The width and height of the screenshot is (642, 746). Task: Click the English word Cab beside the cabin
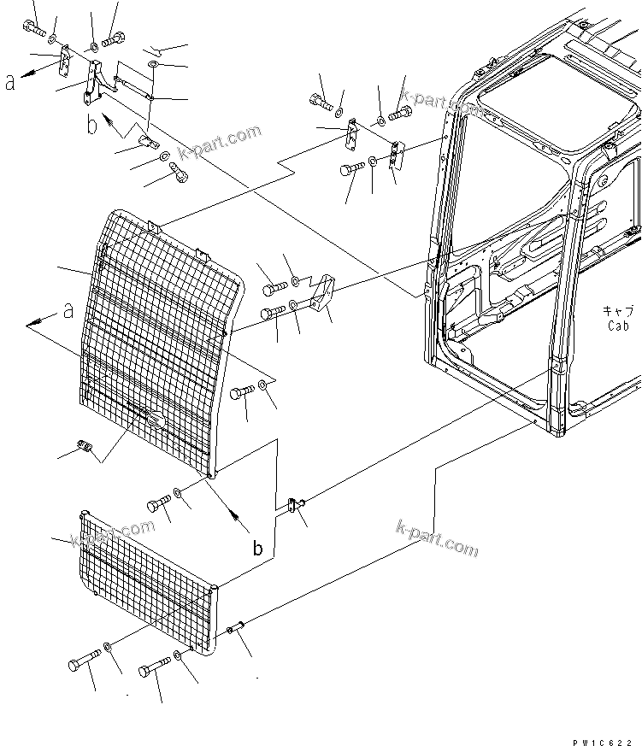(x=618, y=326)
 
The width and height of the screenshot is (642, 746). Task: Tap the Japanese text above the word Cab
(x=617, y=312)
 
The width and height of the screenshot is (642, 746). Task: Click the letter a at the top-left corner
(x=9, y=84)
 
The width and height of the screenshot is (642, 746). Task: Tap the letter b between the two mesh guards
(x=257, y=548)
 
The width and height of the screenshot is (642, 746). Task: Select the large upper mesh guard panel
(x=158, y=342)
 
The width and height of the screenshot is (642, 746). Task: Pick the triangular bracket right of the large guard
(x=321, y=294)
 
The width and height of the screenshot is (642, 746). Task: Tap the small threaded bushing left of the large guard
(x=85, y=446)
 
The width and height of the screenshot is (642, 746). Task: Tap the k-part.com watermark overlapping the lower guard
(x=103, y=541)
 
